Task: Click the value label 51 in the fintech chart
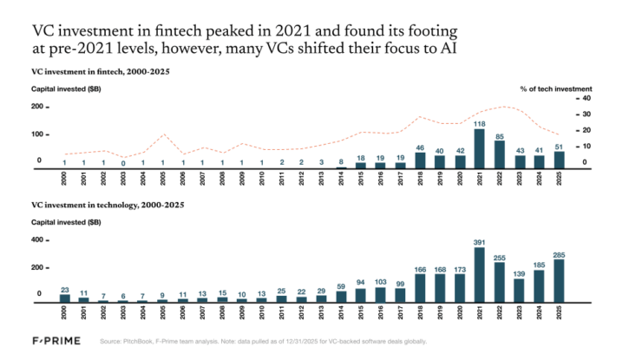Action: pos(559,147)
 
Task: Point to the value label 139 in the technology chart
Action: pos(518,273)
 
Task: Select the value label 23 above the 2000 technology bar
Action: pos(64,290)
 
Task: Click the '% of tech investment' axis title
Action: pos(555,88)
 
